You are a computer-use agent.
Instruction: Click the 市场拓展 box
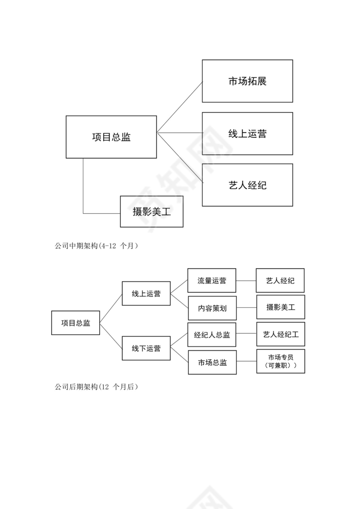[247, 81]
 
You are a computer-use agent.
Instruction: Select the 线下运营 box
[146, 348]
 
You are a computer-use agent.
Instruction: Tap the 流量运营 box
[212, 281]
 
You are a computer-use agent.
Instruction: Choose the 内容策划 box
[212, 308]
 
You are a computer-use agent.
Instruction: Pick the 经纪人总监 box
[212, 335]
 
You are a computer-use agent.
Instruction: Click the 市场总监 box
[212, 362]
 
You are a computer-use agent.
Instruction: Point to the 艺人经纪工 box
[281, 334]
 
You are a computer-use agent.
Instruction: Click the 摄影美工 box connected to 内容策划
[281, 307]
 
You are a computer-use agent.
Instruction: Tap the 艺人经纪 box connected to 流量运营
[280, 281]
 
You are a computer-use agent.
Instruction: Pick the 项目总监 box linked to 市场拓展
[111, 137]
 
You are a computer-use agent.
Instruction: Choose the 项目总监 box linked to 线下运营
[75, 323]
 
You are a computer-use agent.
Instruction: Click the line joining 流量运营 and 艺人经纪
[246, 281]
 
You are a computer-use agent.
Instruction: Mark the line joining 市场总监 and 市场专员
[247, 361]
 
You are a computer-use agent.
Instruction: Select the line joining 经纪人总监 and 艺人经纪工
[246, 334]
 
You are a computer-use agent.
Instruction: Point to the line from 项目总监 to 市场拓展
[180, 107]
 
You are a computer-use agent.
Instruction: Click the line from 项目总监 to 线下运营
[111, 336]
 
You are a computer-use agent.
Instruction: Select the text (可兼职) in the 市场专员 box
[281, 366]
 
